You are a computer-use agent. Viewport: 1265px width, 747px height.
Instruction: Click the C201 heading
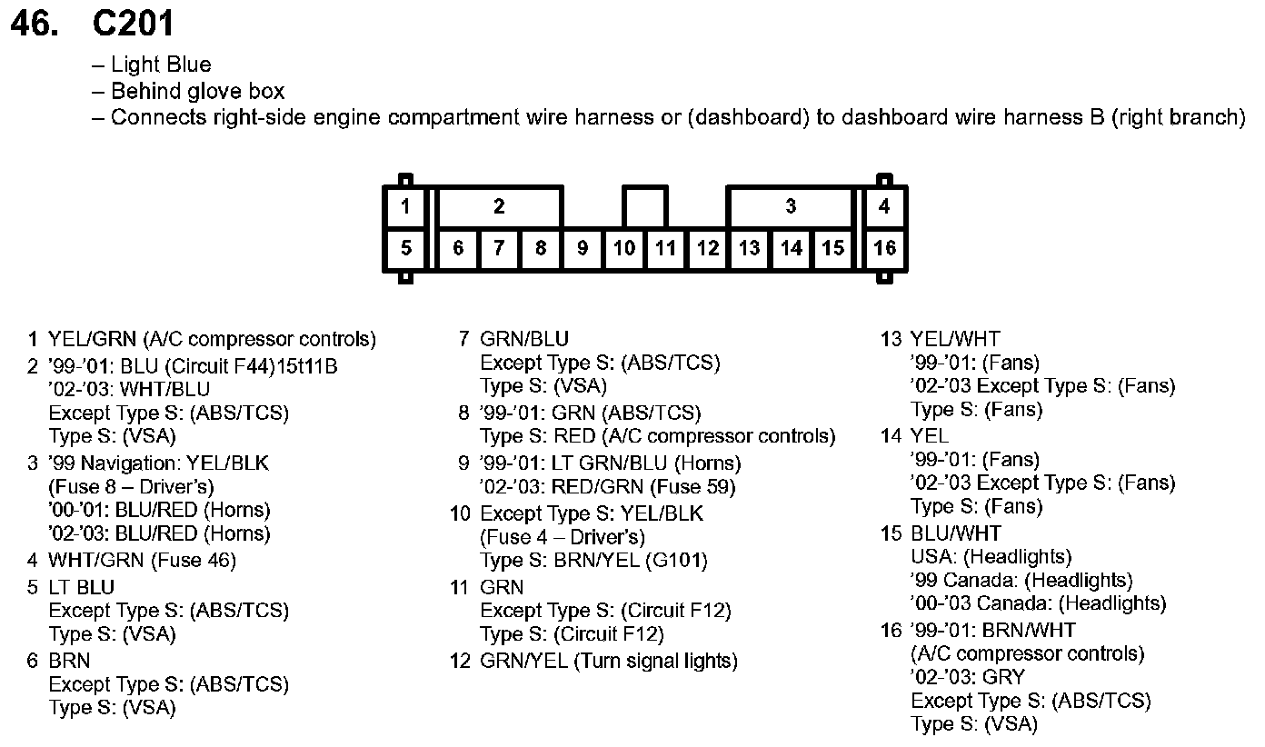point(133,24)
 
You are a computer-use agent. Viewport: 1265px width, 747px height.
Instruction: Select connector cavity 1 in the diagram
point(405,206)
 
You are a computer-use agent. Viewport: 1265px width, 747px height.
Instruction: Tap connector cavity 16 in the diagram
point(884,248)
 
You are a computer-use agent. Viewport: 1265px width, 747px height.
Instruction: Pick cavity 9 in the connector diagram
point(583,248)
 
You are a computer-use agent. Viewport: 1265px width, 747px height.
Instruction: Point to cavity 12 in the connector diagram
point(708,248)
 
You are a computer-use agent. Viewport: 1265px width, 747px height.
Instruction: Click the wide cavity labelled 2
point(499,206)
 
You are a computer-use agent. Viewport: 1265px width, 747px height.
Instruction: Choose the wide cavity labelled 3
point(791,206)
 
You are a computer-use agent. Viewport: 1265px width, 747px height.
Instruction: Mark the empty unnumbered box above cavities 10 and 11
point(644,206)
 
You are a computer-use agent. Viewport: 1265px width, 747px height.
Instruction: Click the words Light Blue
point(161,65)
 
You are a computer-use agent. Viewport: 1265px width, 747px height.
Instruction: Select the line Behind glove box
point(197,92)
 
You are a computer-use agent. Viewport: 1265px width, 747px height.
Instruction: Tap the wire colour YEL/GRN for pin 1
point(93,340)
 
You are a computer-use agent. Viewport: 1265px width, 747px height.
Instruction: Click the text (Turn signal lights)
point(655,661)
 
